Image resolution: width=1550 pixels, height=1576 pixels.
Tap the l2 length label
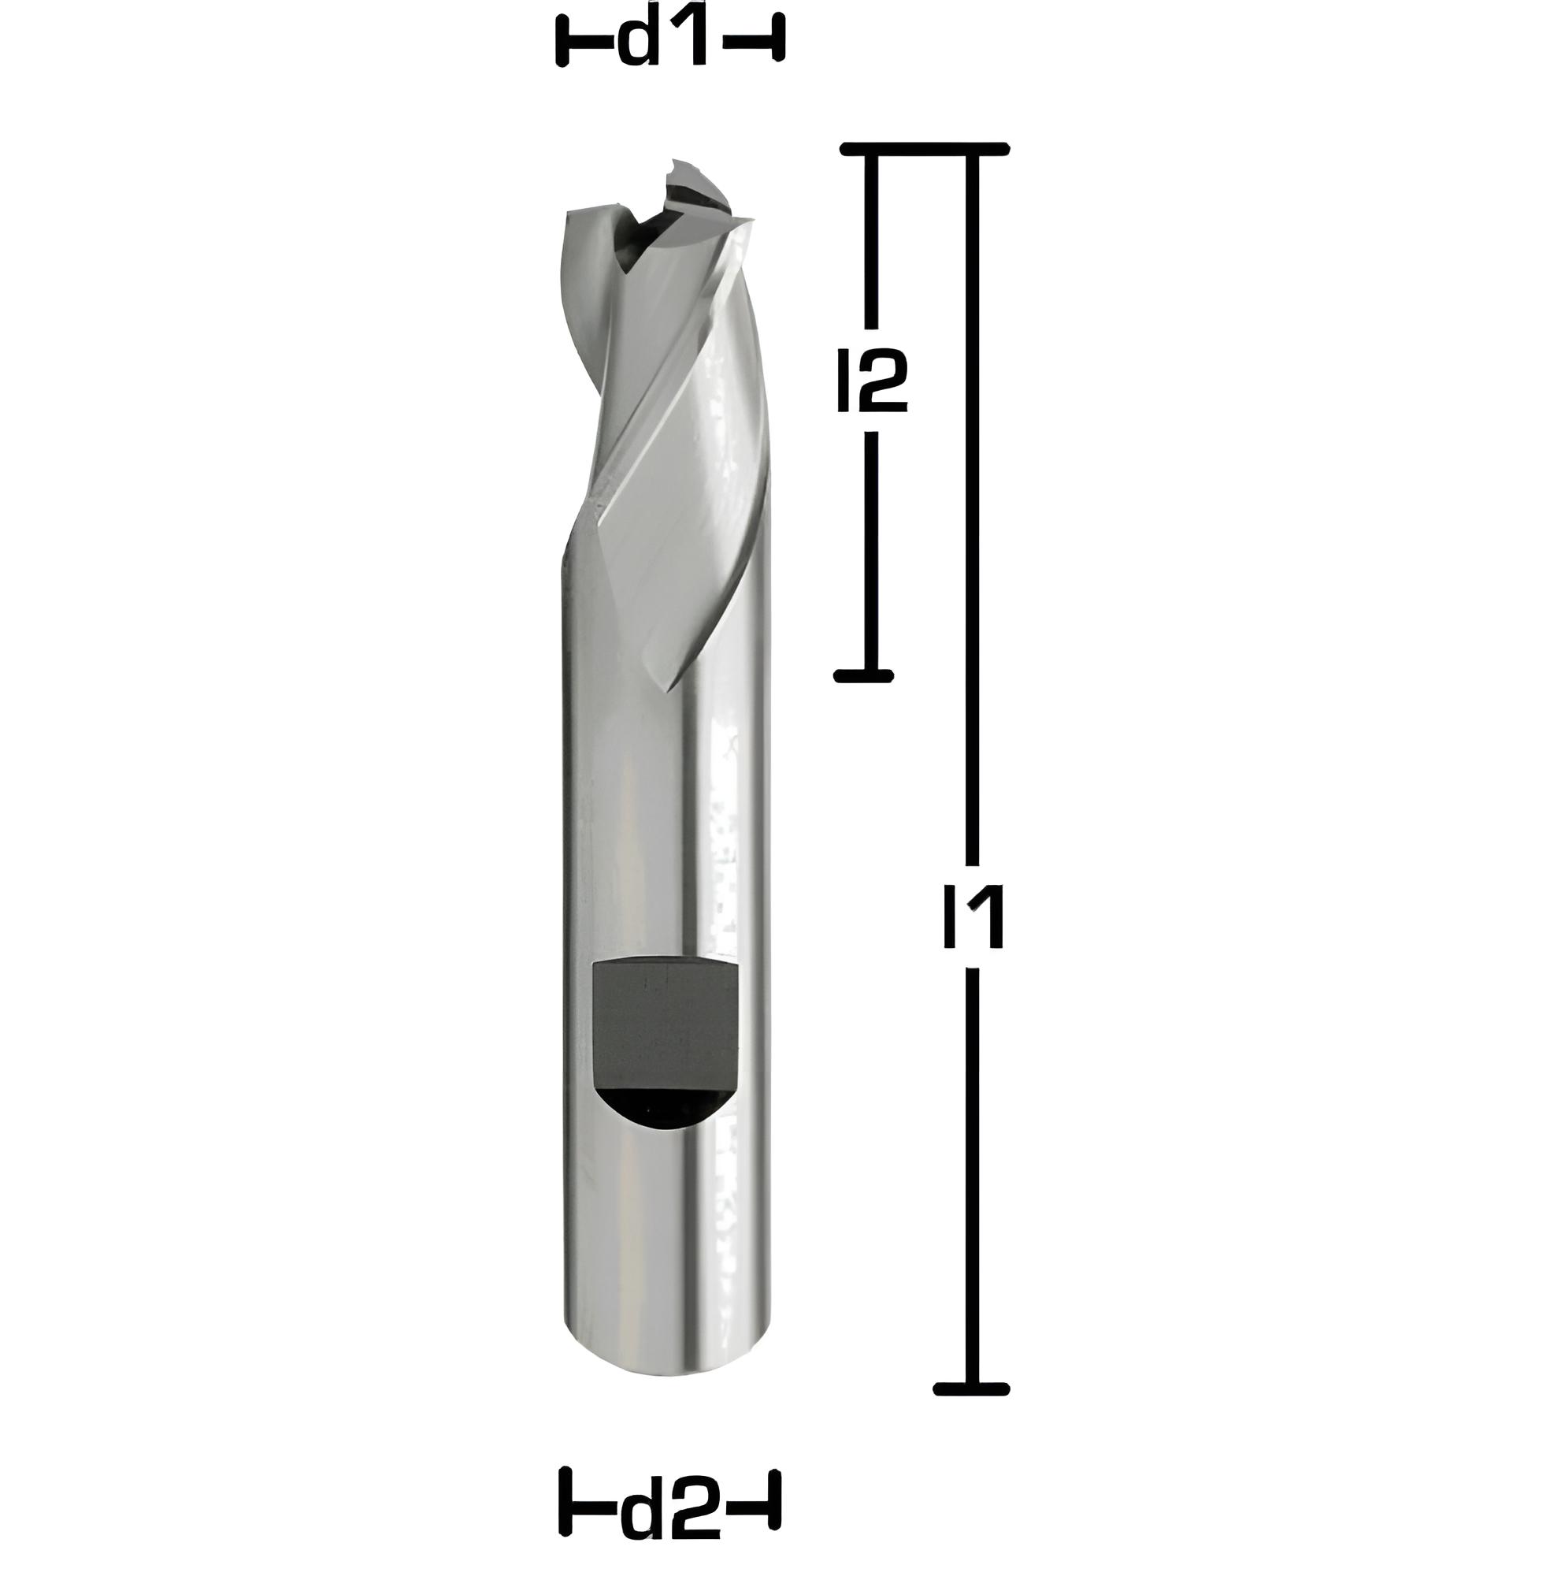click(x=872, y=381)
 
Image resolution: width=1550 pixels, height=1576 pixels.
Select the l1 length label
click(x=973, y=918)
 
